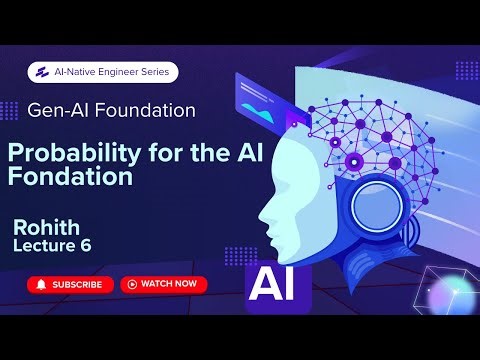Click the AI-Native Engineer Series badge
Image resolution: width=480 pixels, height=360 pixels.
pos(104,72)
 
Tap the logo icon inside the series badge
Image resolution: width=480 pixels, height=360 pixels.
pos(43,72)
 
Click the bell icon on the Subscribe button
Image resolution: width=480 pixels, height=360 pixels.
pos(41,284)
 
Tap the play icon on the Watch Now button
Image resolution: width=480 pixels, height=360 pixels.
pos(131,284)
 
